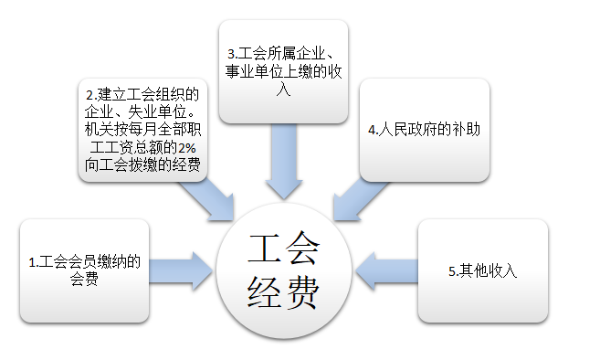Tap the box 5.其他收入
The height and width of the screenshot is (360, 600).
tap(481, 270)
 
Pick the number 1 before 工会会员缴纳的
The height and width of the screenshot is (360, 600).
tap(32, 262)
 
